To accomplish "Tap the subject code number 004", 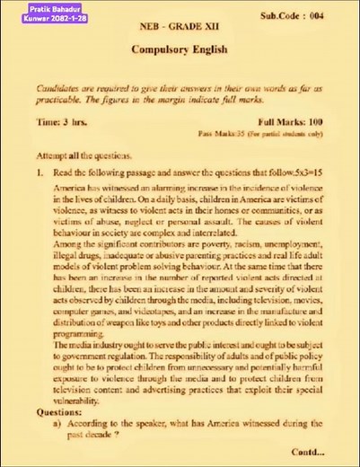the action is (x=332, y=16).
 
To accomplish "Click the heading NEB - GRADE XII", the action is (x=179, y=30).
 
